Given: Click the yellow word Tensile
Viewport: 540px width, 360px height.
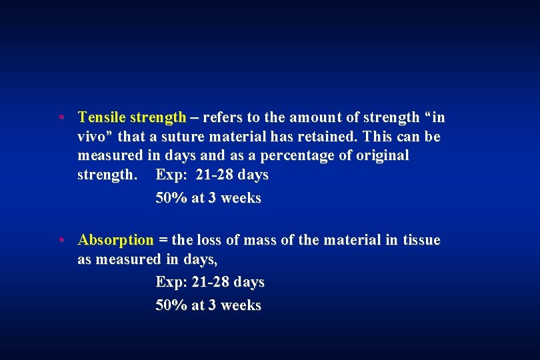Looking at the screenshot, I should coord(101,118).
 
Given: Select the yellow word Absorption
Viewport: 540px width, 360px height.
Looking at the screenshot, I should coord(115,240).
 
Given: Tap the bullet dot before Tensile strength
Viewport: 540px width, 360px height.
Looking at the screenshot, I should coord(61,119).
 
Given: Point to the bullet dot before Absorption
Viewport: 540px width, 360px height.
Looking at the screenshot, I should coord(61,241).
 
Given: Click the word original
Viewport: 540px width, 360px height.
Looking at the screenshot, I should coord(381,155).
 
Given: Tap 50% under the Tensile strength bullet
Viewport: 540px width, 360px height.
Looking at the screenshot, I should coord(171,198).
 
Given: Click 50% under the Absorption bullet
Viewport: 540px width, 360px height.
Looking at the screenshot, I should coord(171,305).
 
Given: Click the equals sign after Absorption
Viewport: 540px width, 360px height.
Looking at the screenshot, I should coord(163,241).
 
